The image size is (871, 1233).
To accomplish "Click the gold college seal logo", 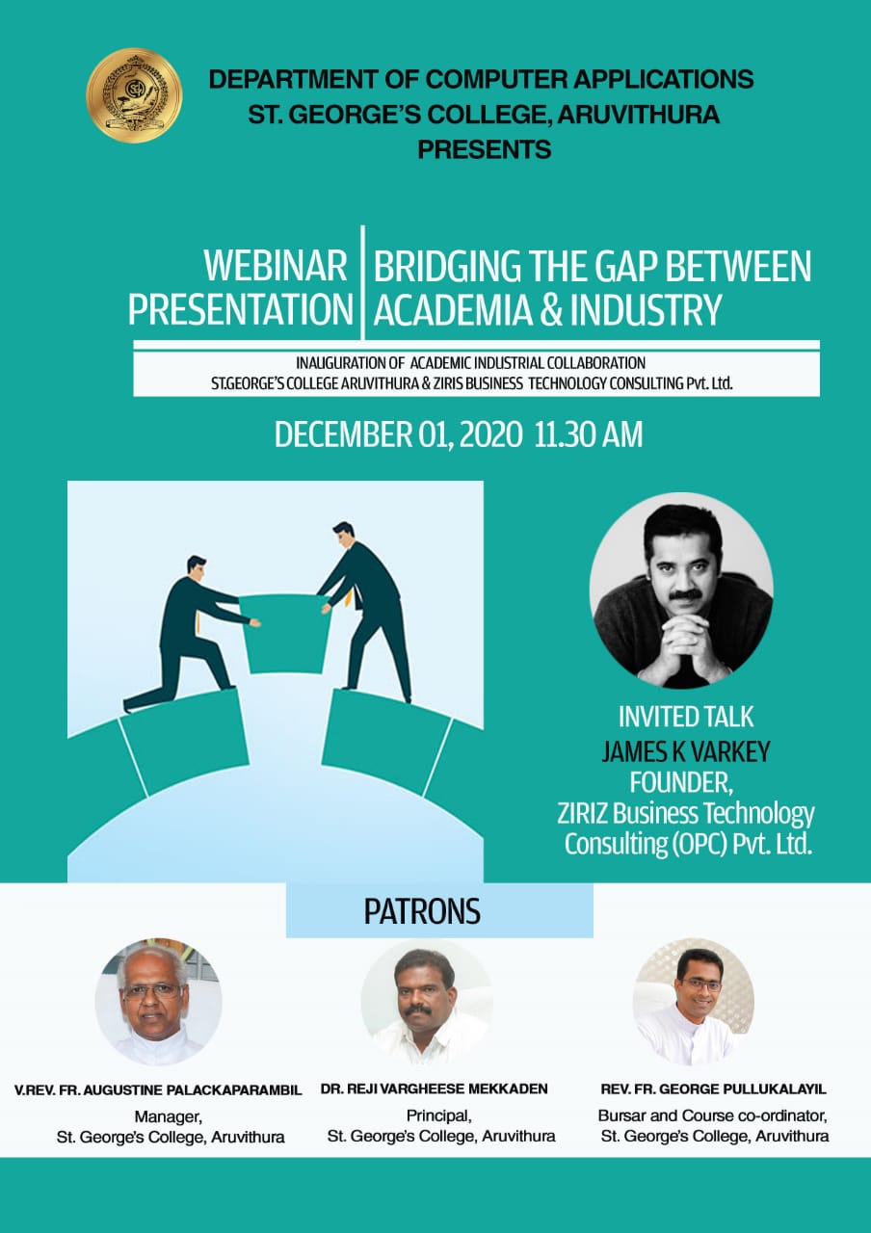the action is point(134,95).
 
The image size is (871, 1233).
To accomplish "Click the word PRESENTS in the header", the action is point(485,149).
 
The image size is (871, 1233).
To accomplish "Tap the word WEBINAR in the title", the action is point(276,266).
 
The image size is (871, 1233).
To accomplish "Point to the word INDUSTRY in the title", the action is point(646,310).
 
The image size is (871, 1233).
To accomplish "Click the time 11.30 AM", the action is point(589,434).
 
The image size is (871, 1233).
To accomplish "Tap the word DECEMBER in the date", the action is point(344,434).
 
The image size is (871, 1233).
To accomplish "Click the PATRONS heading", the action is point(422,911).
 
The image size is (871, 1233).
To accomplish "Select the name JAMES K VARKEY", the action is point(686,751).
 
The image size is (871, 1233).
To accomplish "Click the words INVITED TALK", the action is point(686,717).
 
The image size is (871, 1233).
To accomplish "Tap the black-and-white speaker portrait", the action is point(681,590).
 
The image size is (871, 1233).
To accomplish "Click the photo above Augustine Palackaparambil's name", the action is point(159,1002).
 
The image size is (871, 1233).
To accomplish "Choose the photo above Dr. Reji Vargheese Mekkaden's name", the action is point(426,1003).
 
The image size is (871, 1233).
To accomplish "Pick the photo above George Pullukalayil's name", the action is point(694,1002).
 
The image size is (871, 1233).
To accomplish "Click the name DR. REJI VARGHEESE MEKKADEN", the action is point(434,1089).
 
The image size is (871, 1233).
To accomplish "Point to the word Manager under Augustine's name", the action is point(169,1116).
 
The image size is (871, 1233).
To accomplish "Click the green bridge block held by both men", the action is point(284,633).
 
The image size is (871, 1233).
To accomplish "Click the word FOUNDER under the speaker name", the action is point(681,782).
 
